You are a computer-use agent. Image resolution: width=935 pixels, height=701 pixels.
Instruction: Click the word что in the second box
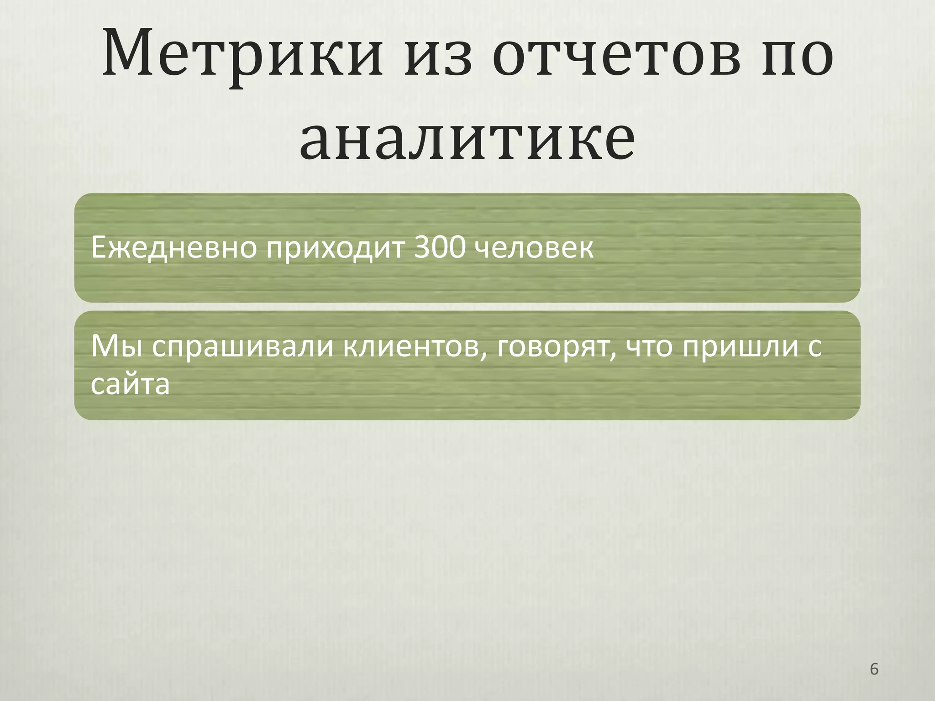[649, 347]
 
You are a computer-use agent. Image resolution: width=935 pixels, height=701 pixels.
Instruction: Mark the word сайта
[131, 384]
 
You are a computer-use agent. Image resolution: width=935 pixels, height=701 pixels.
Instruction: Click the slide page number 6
[874, 670]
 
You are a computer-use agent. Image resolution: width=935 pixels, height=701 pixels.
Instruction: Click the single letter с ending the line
[814, 348]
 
